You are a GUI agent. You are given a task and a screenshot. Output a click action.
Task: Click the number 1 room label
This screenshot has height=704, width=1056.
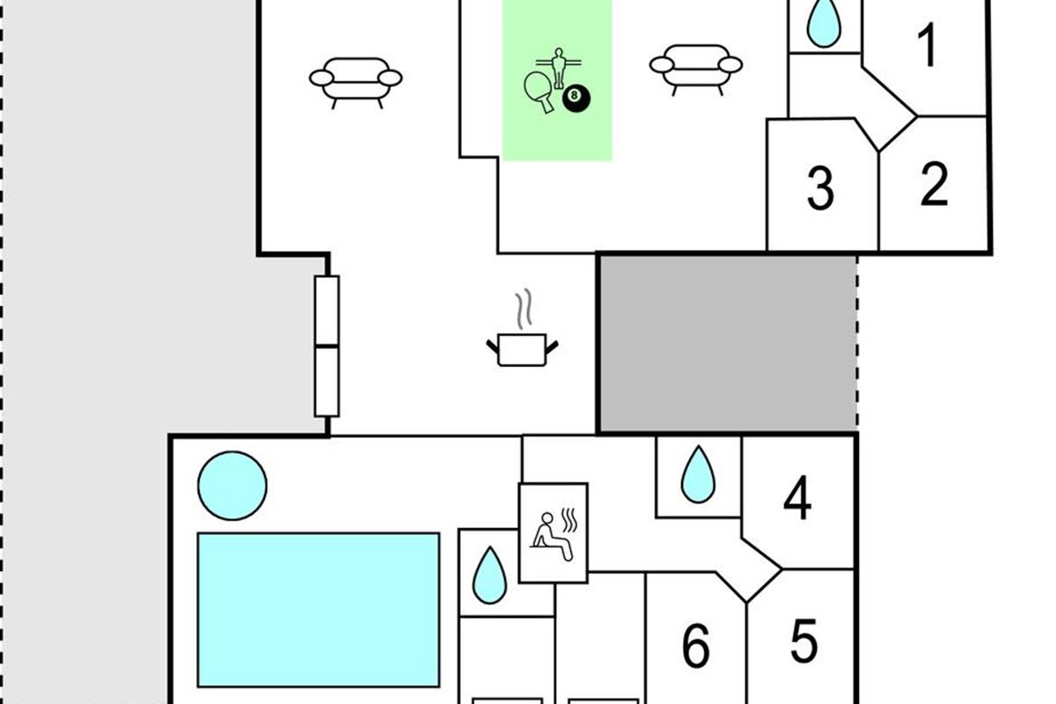[927, 47]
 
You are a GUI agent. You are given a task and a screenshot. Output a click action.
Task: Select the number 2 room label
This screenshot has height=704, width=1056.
[934, 185]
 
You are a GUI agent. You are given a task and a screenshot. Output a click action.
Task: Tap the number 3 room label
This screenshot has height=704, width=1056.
[820, 188]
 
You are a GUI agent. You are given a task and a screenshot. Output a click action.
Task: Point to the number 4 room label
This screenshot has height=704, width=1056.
[797, 500]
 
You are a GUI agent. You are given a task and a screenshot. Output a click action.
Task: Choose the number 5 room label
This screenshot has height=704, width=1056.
[803, 642]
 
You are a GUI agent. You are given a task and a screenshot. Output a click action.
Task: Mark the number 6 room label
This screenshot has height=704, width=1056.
[696, 647]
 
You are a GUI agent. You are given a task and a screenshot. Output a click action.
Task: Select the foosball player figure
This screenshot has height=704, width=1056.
[557, 66]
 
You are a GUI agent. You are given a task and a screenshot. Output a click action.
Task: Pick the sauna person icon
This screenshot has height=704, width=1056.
[553, 532]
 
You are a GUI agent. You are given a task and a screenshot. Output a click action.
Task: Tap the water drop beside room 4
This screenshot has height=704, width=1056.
[699, 474]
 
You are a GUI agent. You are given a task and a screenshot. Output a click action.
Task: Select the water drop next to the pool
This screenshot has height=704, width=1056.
[489, 576]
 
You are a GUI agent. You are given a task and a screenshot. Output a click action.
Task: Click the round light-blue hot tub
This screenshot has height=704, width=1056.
[232, 485]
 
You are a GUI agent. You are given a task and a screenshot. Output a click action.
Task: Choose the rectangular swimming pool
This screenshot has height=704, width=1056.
[318, 609]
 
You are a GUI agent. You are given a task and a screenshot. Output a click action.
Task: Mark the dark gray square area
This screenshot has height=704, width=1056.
[727, 343]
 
